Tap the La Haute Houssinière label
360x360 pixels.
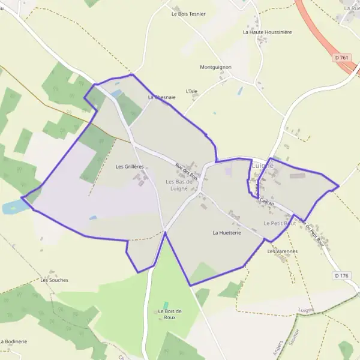point(267,32)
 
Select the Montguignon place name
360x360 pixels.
point(215,67)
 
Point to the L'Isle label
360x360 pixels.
point(192,91)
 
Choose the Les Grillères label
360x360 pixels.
point(130,166)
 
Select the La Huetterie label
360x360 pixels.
point(226,232)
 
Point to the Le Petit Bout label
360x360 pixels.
point(280,223)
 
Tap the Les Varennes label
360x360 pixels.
point(283,251)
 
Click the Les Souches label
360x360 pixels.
point(55,280)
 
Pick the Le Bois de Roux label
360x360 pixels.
point(170,314)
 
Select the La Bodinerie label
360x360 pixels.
point(14,341)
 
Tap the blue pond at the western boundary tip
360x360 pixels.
point(13,208)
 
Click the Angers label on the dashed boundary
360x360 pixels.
point(278,338)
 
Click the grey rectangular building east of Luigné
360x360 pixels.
point(298,176)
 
